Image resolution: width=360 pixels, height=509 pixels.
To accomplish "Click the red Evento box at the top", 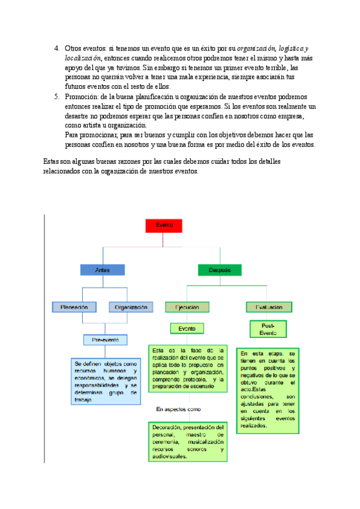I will coord(164,225).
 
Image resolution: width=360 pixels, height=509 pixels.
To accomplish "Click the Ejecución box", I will coord(187,307).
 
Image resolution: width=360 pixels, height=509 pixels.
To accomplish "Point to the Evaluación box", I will coord(269,307).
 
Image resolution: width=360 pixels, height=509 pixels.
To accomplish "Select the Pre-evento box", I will coord(106,340).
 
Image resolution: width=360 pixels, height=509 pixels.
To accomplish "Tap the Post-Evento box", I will coord(268,329).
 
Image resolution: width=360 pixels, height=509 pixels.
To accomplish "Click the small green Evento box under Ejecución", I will coord(187,328).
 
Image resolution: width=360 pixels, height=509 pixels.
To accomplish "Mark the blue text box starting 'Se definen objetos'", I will coord(106,373).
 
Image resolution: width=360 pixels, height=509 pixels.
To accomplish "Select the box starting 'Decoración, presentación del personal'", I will coord(188,441).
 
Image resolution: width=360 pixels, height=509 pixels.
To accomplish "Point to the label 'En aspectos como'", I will coord(178,409).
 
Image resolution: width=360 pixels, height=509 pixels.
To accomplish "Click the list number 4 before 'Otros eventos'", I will coord(56,48).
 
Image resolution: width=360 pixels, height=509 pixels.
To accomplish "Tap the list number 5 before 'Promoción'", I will coord(56,97).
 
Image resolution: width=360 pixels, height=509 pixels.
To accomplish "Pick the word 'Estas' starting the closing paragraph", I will coord(52,162).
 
